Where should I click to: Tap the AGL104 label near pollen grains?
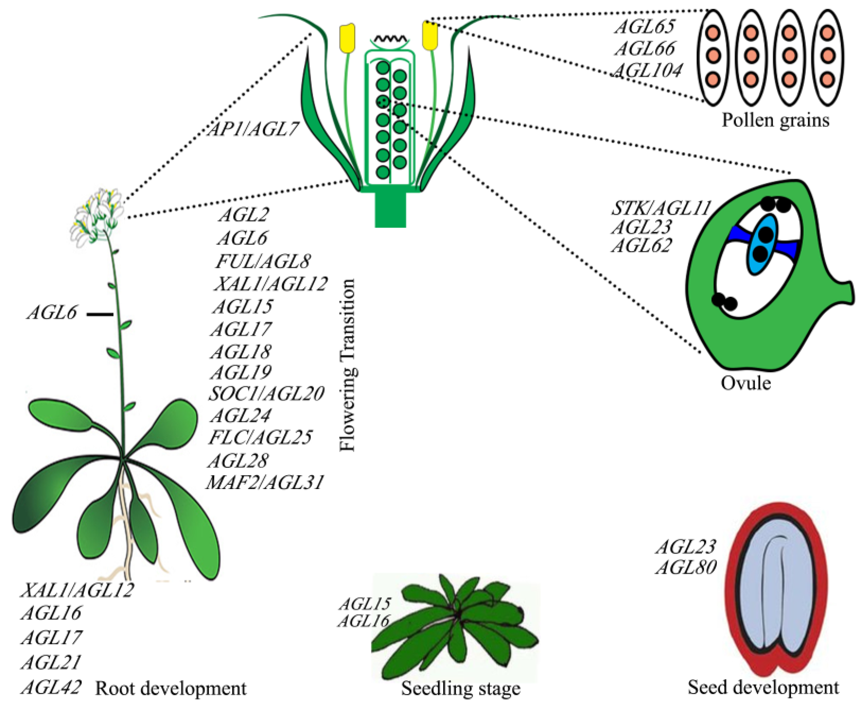tap(648, 70)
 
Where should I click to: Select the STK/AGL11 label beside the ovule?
tap(660, 208)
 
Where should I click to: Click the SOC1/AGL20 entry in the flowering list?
tap(266, 394)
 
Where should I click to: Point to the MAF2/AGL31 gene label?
tap(265, 482)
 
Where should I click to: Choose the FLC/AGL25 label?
tap(260, 437)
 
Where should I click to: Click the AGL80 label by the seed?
tap(686, 567)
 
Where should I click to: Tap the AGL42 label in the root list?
tap(51, 687)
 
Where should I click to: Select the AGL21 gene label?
tap(51, 662)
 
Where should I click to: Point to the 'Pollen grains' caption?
tap(775, 121)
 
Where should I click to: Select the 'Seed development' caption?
tap(763, 687)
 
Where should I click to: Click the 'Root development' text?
tap(171, 688)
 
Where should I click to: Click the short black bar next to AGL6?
tap(100, 314)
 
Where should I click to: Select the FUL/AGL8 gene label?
tap(263, 261)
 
